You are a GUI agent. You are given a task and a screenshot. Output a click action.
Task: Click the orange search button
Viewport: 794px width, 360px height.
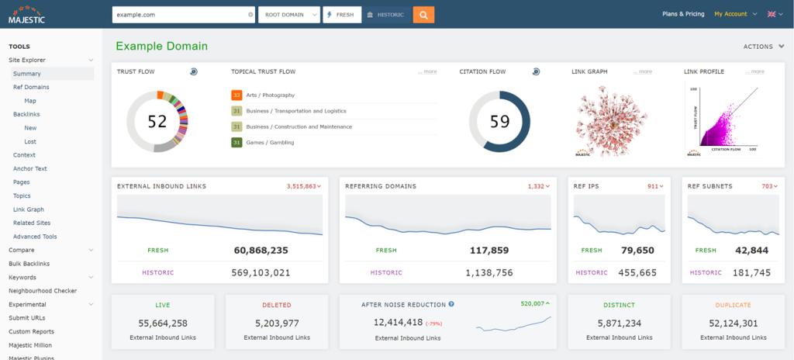(423, 14)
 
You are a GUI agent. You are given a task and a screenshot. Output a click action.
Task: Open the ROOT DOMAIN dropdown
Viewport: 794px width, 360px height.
(288, 14)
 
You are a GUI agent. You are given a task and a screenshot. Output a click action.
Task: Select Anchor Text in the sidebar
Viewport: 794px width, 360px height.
(29, 168)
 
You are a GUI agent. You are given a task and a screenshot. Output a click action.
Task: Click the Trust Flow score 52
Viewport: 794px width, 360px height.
(157, 121)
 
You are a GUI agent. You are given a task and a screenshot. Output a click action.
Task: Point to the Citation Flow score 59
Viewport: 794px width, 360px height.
(499, 121)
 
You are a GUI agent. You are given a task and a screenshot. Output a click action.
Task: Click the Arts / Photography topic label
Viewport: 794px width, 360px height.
(271, 95)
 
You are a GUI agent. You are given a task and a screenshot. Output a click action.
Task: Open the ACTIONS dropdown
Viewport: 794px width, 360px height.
(763, 47)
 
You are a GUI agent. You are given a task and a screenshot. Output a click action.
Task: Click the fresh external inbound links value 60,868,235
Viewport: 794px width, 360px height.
(261, 251)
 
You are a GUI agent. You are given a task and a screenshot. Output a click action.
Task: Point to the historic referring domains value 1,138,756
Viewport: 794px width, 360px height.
(488, 272)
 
